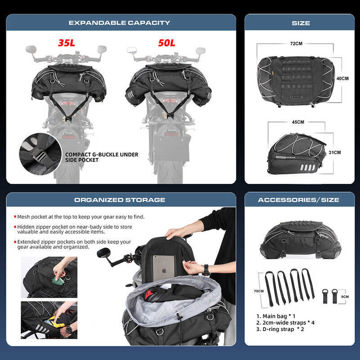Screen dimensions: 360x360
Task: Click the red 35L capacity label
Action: tap(67, 44)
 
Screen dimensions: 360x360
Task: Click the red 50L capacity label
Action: tap(166, 44)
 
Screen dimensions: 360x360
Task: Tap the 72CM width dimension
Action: tap(296, 44)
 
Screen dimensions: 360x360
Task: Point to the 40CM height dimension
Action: tap(342, 78)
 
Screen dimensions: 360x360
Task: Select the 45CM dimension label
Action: tap(297, 122)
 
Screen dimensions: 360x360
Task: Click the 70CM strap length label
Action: tap(259, 291)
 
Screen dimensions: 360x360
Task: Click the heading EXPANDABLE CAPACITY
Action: tap(119, 22)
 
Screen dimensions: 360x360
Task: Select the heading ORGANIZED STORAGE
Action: tap(120, 200)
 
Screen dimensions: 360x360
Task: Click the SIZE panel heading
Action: tap(301, 22)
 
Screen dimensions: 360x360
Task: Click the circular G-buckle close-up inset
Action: tap(40, 154)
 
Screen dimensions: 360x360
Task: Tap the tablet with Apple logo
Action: tap(166, 267)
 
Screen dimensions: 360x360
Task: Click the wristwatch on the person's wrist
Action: tap(206, 270)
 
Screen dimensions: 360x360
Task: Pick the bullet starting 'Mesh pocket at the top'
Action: tap(81, 216)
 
